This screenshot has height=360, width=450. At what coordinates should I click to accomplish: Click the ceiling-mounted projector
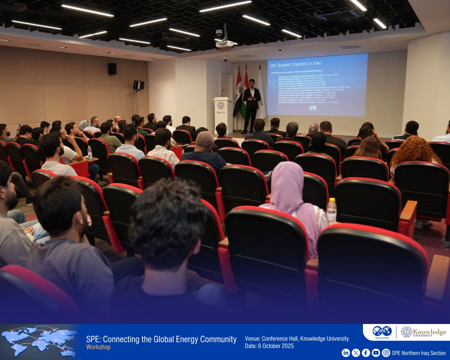[x=225, y=44]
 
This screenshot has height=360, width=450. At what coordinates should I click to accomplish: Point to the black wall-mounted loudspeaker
[x=112, y=69]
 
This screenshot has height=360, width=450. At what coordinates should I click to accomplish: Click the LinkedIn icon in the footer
[x=346, y=352]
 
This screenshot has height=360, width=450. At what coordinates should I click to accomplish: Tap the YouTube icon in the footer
[x=376, y=352]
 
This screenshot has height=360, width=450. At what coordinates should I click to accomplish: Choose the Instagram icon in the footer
[x=385, y=352]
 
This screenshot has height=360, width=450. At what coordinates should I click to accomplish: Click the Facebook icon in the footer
[x=366, y=352]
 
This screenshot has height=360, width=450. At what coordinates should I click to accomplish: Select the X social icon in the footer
[x=355, y=352]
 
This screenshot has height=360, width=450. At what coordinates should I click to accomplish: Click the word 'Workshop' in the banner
[x=98, y=347]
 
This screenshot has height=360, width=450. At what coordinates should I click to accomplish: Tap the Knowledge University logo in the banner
[x=423, y=332]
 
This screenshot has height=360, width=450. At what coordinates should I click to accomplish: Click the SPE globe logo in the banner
[x=382, y=331]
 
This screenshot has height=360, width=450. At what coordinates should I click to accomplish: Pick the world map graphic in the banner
[x=39, y=341]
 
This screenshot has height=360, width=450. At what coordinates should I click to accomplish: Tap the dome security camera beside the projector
[x=219, y=33]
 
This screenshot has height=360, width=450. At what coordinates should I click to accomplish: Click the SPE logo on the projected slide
[x=312, y=107]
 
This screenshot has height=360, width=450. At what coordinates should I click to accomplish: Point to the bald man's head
[x=205, y=140]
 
